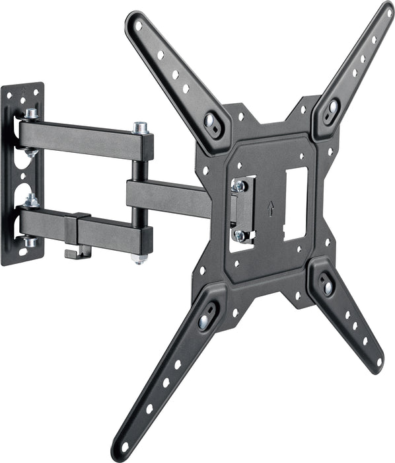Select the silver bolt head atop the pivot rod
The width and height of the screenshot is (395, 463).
tap(140, 127)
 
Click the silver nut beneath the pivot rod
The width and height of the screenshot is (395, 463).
tap(138, 258)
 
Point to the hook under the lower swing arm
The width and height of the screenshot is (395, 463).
tap(75, 252)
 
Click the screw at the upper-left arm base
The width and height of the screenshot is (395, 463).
tap(210, 120)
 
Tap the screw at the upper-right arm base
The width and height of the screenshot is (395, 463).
tap(332, 106)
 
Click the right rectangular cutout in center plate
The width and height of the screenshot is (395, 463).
tap(295, 202)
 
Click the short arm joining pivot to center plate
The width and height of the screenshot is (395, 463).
tap(168, 196)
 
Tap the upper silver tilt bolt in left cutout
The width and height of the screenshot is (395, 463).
tap(238, 187)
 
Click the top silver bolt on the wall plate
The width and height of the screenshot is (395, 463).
tap(31, 114)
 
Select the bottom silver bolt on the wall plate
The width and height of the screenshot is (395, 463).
tap(30, 242)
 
